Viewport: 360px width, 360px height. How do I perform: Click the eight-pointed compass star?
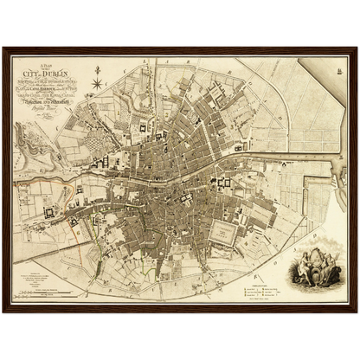click(99, 84)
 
